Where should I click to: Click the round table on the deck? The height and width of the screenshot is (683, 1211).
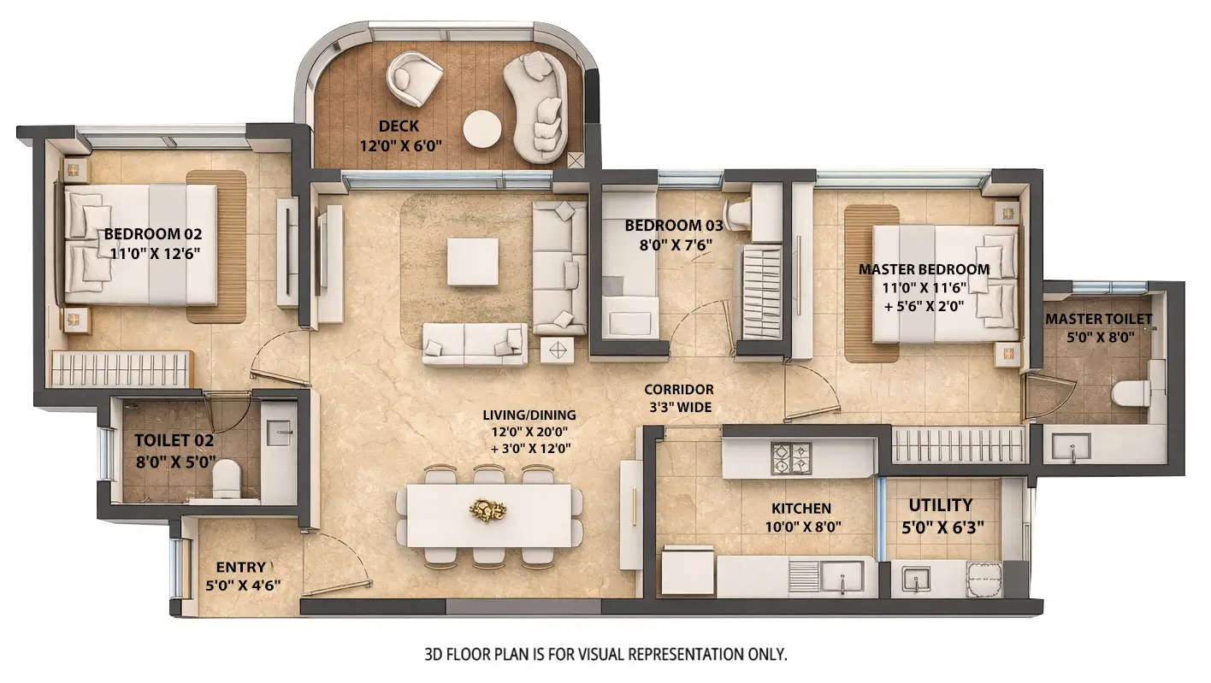pyautogui.click(x=482, y=129)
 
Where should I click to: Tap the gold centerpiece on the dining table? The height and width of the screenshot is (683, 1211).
pyautogui.click(x=487, y=510)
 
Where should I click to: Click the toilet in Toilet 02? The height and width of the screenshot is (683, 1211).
pyautogui.click(x=227, y=478)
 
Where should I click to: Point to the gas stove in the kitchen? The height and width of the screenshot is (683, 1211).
pyautogui.click(x=791, y=458)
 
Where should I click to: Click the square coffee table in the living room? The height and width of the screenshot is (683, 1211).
pyautogui.click(x=473, y=262)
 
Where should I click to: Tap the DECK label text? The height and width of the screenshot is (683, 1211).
pyautogui.click(x=399, y=127)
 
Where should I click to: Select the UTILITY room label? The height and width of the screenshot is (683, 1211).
pyautogui.click(x=940, y=505)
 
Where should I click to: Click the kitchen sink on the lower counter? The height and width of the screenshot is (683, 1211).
pyautogui.click(x=842, y=577)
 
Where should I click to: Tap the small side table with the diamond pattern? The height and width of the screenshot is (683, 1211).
pyautogui.click(x=558, y=350)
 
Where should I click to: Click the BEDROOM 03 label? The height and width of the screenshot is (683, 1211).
pyautogui.click(x=673, y=226)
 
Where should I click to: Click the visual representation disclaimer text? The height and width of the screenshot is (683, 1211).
pyautogui.click(x=605, y=655)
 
